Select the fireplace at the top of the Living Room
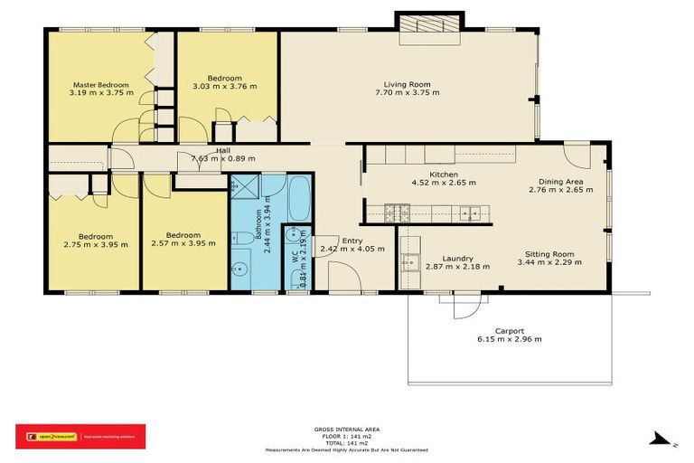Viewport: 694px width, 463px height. (x=429, y=25)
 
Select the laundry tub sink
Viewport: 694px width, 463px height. (x=410, y=263)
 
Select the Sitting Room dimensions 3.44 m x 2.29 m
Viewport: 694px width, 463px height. (x=549, y=264)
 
